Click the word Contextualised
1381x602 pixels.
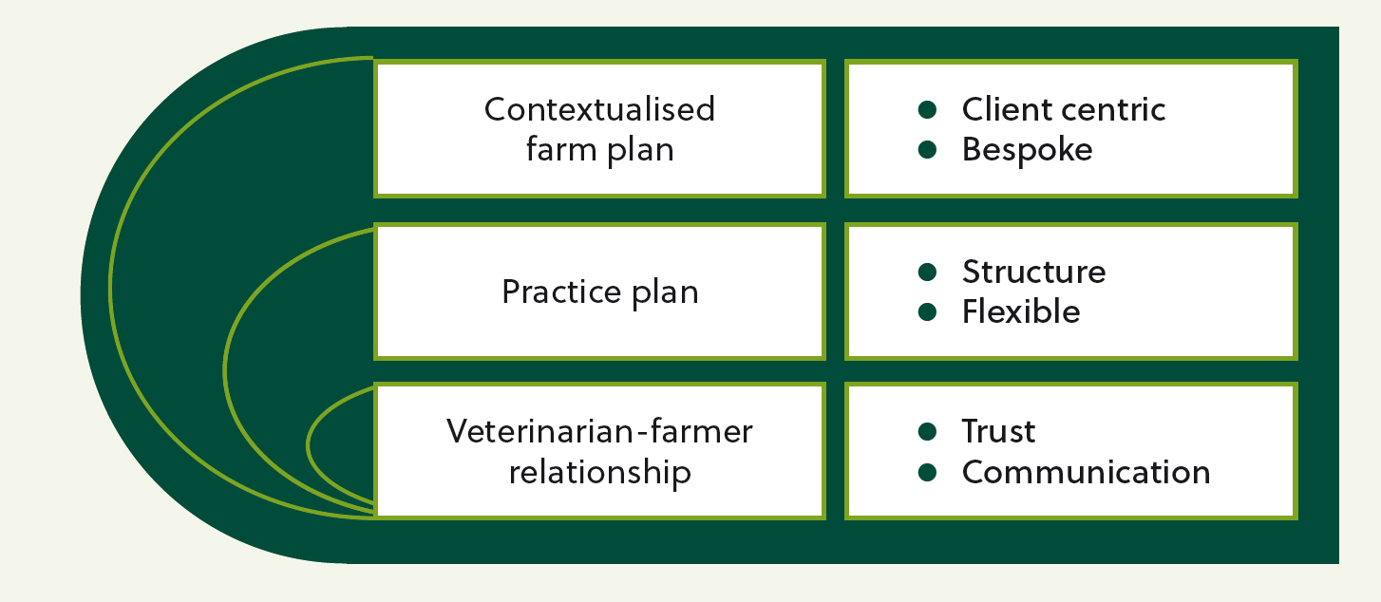[599, 109]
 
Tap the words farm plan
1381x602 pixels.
[599, 150]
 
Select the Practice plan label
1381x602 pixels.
[600, 292]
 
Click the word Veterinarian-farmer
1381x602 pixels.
[599, 431]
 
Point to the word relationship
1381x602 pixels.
[599, 473]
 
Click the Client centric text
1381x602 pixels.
[1064, 110]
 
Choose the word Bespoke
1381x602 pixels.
[1027, 150]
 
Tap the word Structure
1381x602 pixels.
[1034, 272]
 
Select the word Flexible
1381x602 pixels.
[1021, 311]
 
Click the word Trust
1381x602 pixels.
[999, 431]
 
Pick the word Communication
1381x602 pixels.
[1087, 473]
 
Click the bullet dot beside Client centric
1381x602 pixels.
[927, 110]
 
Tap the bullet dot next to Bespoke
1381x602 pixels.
[927, 150]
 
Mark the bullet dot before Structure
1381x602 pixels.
[927, 272]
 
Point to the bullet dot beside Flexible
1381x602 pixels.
[927, 311]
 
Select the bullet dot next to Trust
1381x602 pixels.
[927, 431]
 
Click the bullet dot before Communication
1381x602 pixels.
[927, 473]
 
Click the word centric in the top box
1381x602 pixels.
[1114, 110]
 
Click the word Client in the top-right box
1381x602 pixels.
[1008, 110]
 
